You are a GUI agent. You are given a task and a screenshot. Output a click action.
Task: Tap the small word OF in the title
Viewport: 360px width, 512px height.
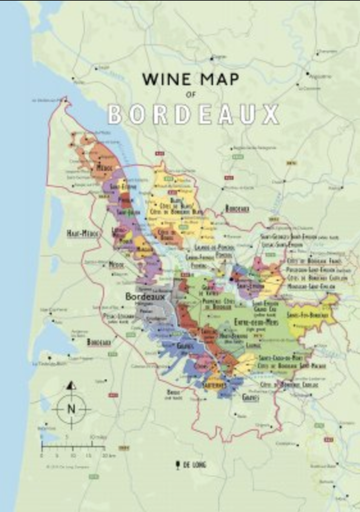click(190, 95)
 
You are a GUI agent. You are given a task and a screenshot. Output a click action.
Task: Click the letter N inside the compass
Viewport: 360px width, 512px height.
click(71, 409)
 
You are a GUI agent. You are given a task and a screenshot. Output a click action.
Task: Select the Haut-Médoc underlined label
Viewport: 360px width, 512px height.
click(83, 233)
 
